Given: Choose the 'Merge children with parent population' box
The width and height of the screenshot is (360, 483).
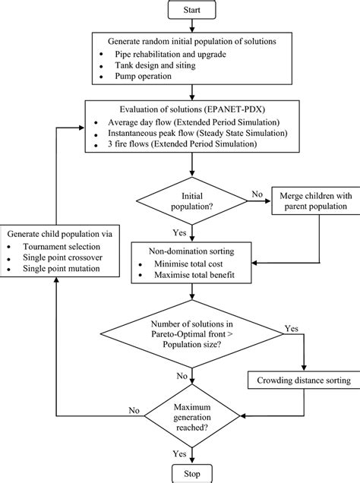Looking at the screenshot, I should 311,200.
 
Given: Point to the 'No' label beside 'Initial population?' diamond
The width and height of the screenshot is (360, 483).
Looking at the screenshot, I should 257,195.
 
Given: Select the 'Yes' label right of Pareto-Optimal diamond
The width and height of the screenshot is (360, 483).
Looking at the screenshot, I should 292,330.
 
